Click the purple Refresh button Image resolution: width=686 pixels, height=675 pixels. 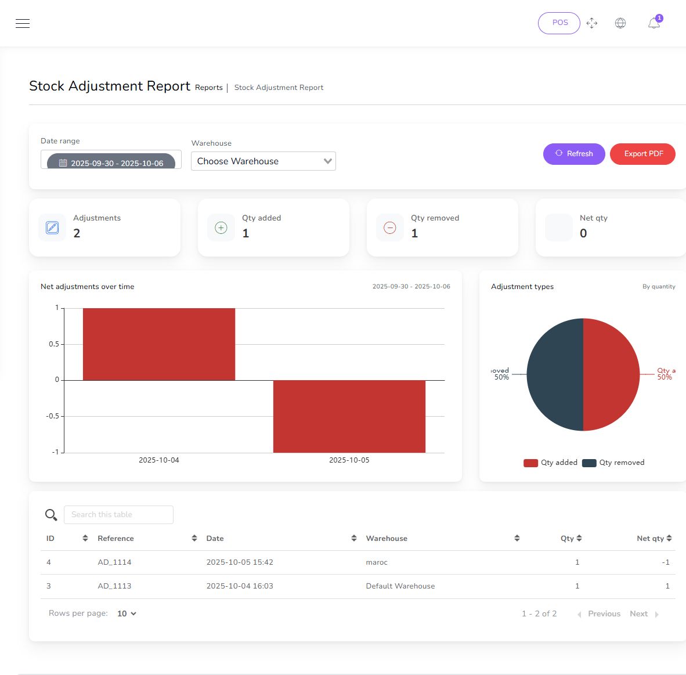(574, 154)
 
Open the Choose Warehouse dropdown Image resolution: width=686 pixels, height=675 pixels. (263, 161)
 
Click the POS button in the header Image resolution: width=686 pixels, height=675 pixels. (559, 23)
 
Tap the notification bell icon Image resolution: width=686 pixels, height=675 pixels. (653, 23)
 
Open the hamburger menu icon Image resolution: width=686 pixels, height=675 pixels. (23, 23)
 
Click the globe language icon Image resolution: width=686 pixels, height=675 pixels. (620, 23)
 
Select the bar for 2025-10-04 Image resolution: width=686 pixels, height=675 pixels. (159, 344)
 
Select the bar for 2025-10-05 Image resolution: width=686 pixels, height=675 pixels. (349, 416)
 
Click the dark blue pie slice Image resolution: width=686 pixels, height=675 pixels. (554, 374)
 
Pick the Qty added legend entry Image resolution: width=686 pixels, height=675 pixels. (551, 463)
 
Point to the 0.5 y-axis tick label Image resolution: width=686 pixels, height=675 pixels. (54, 344)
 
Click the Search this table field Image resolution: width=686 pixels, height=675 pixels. (118, 515)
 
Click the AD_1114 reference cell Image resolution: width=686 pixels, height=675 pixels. (114, 562)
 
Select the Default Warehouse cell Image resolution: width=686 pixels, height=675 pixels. (400, 586)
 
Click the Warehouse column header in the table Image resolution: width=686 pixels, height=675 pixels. (387, 539)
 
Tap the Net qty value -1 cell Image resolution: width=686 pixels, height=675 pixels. (665, 562)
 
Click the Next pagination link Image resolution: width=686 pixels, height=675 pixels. (639, 614)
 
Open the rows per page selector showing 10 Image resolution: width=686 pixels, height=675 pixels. (127, 613)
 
